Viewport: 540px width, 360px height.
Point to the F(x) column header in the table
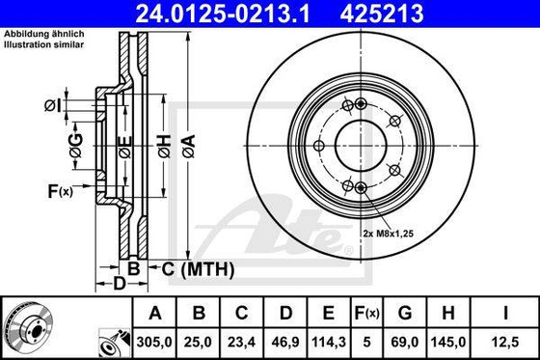pos(367,313)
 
